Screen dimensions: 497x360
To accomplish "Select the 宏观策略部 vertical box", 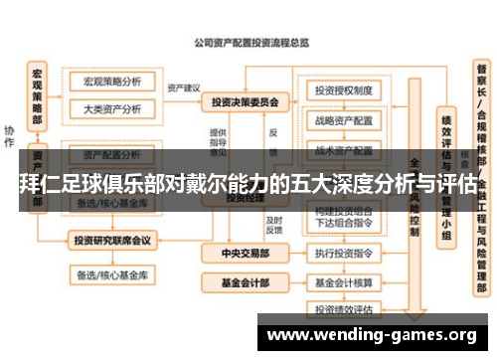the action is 37,96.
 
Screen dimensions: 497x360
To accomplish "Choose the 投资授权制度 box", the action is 343,90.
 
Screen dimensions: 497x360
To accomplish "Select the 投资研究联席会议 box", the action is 112,240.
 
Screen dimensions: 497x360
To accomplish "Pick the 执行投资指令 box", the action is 343,255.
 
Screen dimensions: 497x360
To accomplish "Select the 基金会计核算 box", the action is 343,282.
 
